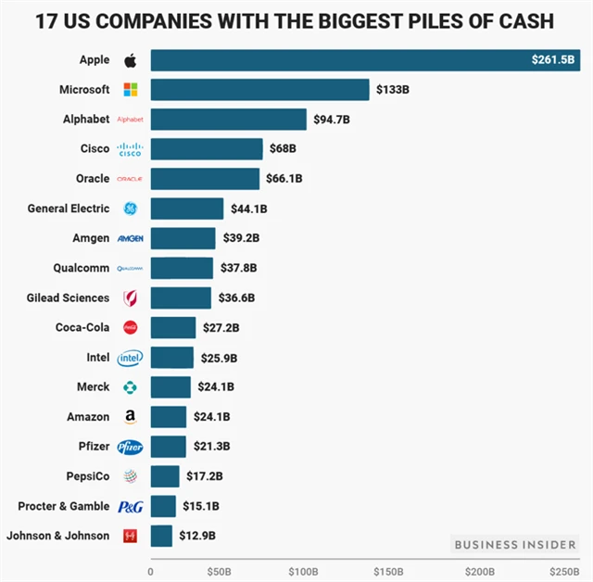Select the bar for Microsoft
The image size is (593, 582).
coord(259,90)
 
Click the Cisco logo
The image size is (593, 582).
coord(129,149)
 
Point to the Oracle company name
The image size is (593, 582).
coord(93,179)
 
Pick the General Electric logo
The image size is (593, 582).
coord(129,209)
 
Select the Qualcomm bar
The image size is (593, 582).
coord(181,268)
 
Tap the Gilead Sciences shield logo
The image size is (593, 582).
coord(129,297)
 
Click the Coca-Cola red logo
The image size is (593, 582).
coord(130,327)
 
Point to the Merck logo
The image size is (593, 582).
coord(129,386)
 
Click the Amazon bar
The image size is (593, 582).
coord(168,417)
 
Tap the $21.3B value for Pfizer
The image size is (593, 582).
coord(211,447)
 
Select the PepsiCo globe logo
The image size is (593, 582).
coord(129,476)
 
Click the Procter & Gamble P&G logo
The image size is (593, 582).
coord(129,506)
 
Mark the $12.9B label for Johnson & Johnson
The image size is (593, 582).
coord(197,536)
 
